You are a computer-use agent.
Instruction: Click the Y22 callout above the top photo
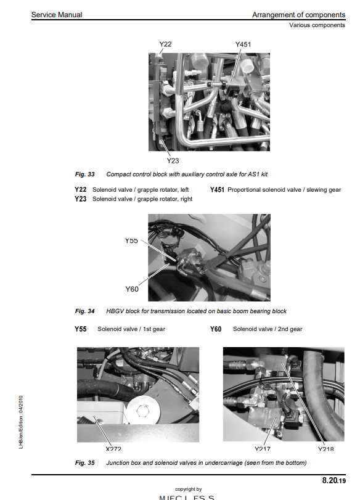(x=165, y=44)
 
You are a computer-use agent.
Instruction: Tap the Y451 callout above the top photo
(x=243, y=44)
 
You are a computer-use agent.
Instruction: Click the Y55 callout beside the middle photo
(x=131, y=240)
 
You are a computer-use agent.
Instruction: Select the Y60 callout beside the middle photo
(x=131, y=289)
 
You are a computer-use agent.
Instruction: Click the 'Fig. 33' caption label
(x=84, y=174)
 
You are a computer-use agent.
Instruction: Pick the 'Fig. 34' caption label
(x=84, y=311)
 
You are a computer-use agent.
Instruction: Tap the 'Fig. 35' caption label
(x=84, y=462)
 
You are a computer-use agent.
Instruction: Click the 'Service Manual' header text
(x=57, y=15)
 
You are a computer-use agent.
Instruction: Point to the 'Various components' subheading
(x=317, y=25)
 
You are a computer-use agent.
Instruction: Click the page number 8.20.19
(x=334, y=479)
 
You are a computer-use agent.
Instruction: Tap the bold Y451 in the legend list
(x=217, y=190)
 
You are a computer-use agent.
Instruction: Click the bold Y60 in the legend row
(x=216, y=329)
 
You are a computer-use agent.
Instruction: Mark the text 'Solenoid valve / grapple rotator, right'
(x=142, y=199)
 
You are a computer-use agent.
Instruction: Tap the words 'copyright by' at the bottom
(x=189, y=490)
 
